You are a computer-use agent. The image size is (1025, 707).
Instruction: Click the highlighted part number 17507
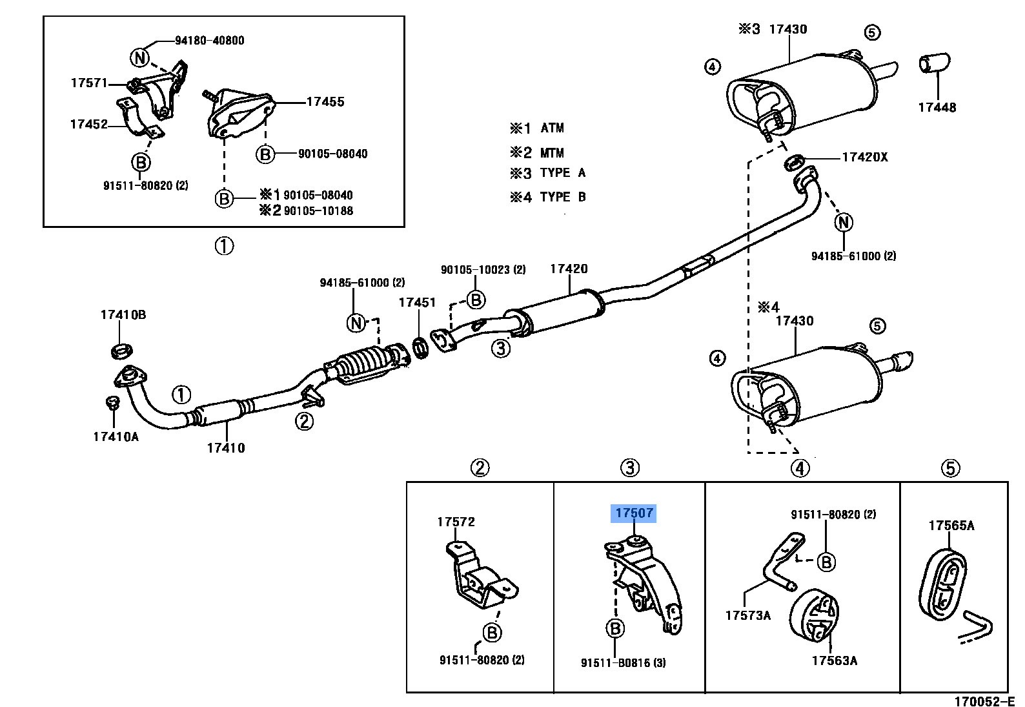coord(634,513)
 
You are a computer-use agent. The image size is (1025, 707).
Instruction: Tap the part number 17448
coord(937,107)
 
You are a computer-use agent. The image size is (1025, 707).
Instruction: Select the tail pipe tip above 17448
coord(934,63)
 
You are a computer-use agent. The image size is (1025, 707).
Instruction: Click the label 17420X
coord(864,157)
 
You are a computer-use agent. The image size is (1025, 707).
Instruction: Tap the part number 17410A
coord(116,436)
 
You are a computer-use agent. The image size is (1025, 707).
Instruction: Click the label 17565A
coord(951,525)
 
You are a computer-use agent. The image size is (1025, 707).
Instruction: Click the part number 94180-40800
coord(209,40)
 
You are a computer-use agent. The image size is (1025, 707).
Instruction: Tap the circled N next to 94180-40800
coord(140,58)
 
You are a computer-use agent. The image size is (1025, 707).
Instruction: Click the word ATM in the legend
coord(552,128)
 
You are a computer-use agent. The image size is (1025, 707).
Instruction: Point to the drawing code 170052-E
coord(985,701)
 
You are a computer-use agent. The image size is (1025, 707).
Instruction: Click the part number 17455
coord(325,101)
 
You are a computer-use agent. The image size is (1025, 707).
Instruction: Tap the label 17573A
coord(747,615)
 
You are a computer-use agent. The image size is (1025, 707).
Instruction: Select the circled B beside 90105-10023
coord(476,300)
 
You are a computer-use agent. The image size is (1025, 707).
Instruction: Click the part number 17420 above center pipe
coord(569,269)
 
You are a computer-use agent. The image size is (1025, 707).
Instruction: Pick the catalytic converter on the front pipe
coord(365,366)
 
